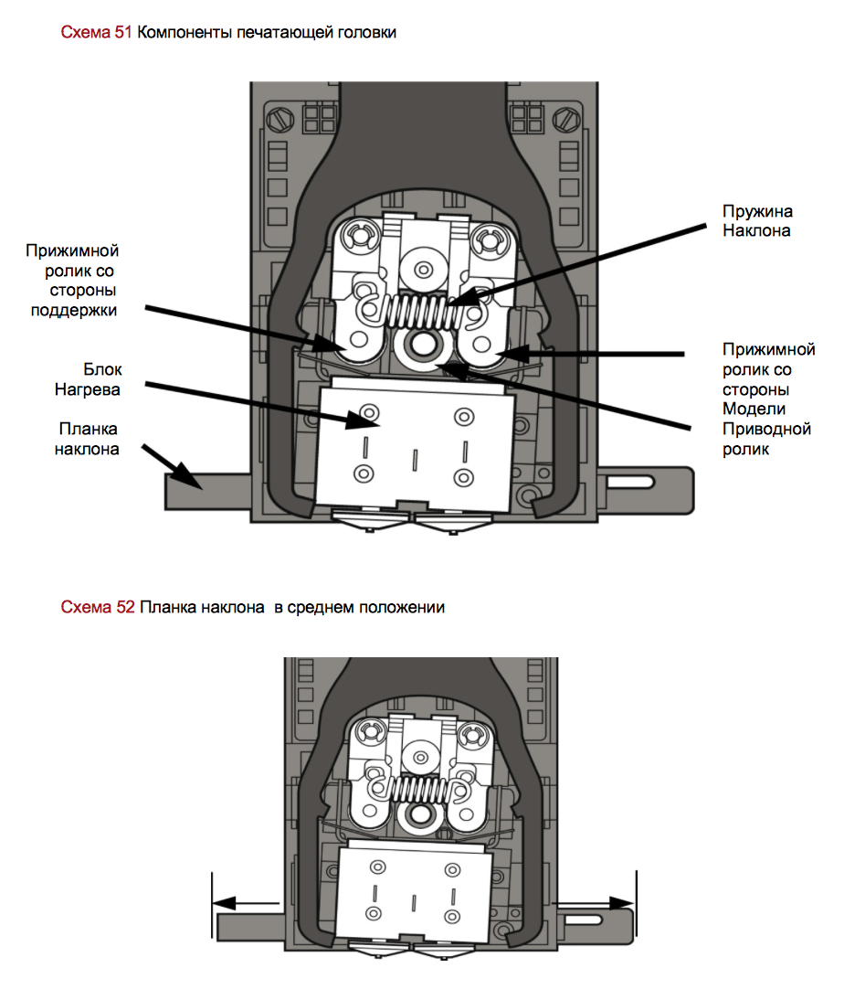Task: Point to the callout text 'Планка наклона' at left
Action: click(x=90, y=438)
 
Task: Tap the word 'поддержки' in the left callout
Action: click(x=85, y=310)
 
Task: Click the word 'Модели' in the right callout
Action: click(x=754, y=408)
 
